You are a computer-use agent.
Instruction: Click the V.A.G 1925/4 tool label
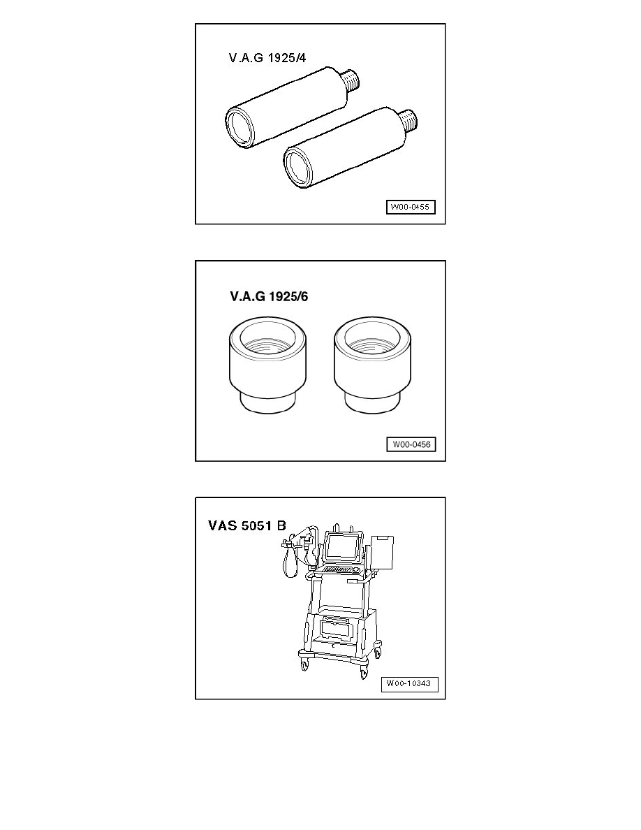(x=267, y=58)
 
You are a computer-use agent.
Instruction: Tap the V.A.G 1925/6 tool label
(x=269, y=296)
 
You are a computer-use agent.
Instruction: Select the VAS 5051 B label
(x=247, y=525)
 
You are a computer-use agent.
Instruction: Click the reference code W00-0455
(x=411, y=207)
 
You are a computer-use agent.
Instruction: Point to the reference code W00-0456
(x=411, y=444)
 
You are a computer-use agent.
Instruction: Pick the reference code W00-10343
(x=409, y=683)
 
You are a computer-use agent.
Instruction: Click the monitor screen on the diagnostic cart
(x=341, y=547)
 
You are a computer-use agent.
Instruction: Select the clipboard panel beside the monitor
(x=382, y=553)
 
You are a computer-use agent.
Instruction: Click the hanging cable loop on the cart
(x=290, y=563)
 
